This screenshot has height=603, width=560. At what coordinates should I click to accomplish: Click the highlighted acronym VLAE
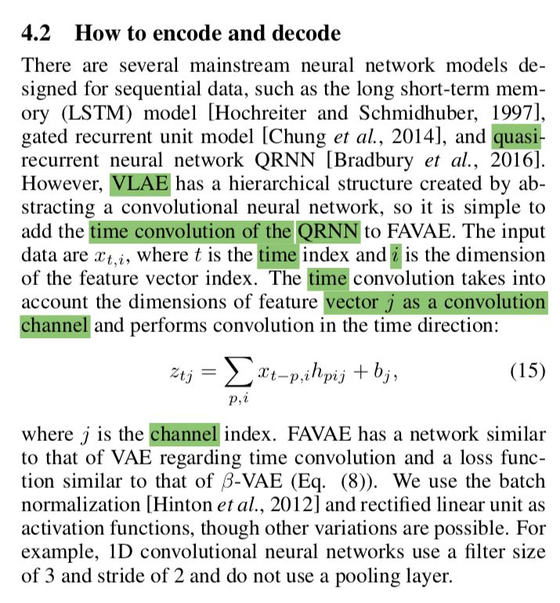141,186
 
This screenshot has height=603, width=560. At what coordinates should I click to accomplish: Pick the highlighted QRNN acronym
328,232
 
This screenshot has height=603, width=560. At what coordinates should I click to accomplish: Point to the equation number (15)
526,370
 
